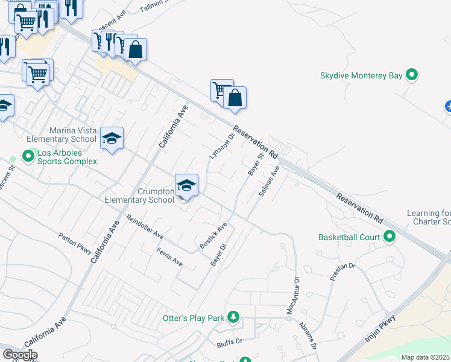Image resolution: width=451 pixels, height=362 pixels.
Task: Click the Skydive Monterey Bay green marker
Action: (412, 75)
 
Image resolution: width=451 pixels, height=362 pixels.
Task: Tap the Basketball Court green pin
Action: (389, 237)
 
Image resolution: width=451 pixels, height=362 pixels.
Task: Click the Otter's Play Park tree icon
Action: (233, 317)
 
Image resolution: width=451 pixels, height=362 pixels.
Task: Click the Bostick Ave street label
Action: (213, 236)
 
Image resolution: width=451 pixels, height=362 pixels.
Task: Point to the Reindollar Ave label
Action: (145, 226)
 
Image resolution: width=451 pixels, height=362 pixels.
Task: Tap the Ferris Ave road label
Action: (169, 257)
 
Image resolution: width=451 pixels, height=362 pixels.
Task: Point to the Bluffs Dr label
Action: (229, 341)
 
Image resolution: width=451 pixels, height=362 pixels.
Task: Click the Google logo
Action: (20, 355)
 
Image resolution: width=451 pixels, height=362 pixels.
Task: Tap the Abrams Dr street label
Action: (307, 335)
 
